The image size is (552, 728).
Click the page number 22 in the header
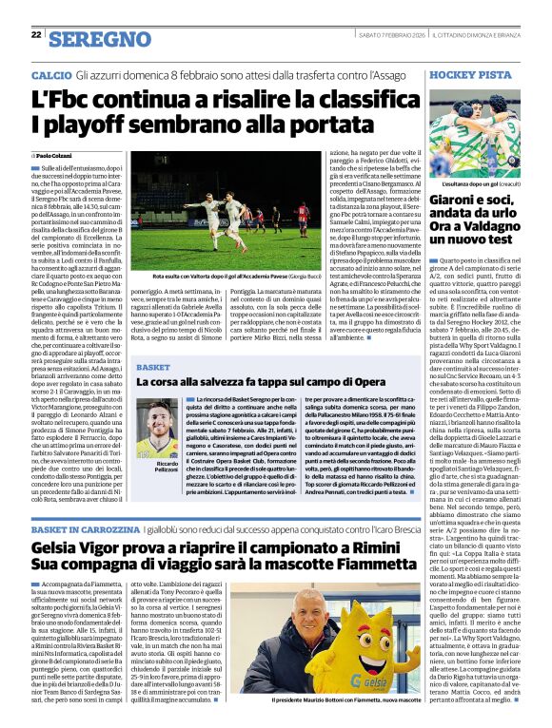coord(35,35)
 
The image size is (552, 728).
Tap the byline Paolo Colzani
coord(56,155)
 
